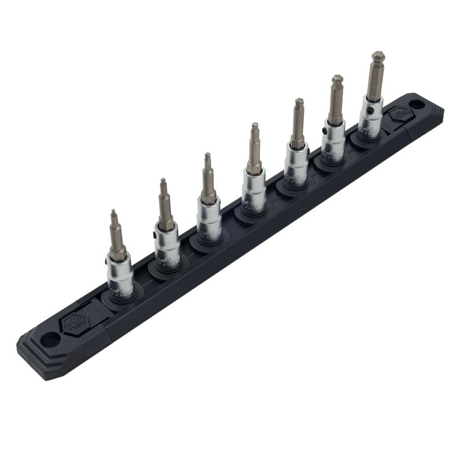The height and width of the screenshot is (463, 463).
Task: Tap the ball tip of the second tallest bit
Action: pyautogui.click(x=335, y=77)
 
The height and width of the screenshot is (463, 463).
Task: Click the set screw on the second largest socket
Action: pyautogui.click(x=327, y=131)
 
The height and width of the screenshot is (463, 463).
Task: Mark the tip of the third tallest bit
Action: pyautogui.click(x=298, y=101)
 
